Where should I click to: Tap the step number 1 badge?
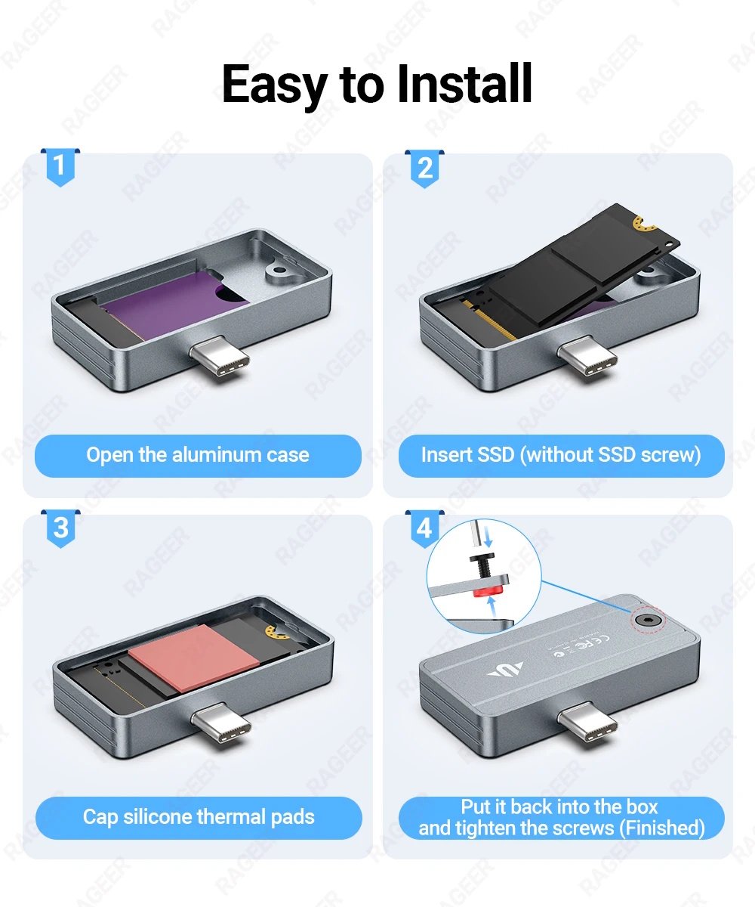[x=60, y=166]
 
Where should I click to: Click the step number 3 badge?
[x=60, y=528]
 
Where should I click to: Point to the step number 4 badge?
[x=425, y=528]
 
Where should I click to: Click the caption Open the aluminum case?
[x=198, y=455]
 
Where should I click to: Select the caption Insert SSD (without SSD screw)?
[x=560, y=455]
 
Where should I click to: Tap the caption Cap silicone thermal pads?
[x=199, y=817]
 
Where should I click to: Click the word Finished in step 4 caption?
[x=661, y=828]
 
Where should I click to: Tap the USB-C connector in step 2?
[x=587, y=355]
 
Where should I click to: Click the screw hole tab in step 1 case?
[x=280, y=268]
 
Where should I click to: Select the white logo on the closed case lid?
[x=505, y=669]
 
